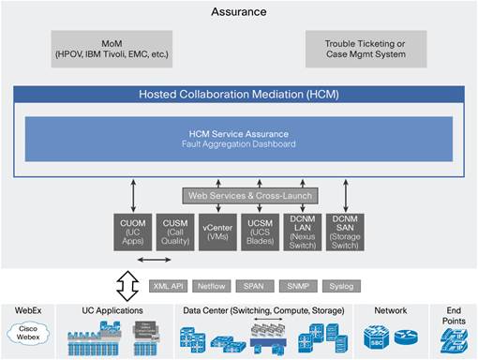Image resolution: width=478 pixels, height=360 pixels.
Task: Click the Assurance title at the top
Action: tap(239, 12)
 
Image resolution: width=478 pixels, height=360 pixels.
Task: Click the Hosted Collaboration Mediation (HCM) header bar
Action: tap(238, 95)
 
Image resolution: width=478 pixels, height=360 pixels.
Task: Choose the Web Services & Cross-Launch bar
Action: tap(249, 195)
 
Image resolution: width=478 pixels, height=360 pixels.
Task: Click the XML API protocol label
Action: tap(169, 285)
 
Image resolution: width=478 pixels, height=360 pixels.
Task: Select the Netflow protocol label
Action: tap(212, 285)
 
